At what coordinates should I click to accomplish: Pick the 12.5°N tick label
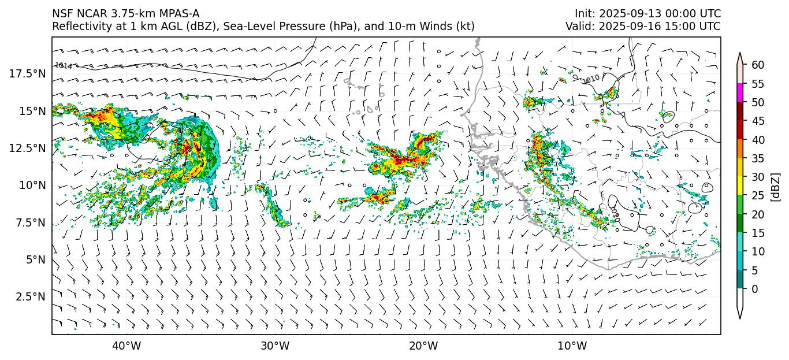tap(27, 148)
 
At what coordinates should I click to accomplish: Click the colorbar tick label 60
tap(758, 65)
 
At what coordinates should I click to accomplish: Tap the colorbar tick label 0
tap(755, 289)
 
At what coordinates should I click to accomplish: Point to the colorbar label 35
tap(758, 158)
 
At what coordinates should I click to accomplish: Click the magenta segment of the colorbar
tap(740, 93)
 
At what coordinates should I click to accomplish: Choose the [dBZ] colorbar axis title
tap(775, 186)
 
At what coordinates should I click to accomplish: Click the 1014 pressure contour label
tap(64, 66)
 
